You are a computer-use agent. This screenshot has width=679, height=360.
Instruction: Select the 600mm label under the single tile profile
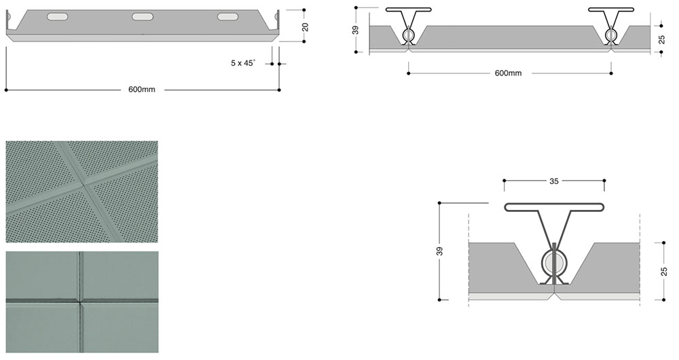[141, 90]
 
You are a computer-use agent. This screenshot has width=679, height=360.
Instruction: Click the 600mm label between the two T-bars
[509, 73]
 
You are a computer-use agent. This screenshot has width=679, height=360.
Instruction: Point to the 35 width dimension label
[553, 181]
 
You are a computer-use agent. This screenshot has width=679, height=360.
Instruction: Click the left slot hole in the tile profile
[57, 16]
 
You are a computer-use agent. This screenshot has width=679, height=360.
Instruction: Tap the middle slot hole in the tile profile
[143, 16]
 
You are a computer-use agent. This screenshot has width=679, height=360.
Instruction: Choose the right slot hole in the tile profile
[228, 17]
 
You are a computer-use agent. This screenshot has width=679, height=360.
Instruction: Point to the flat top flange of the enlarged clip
[554, 206]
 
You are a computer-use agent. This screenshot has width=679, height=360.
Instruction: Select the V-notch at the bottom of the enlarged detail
[555, 293]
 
